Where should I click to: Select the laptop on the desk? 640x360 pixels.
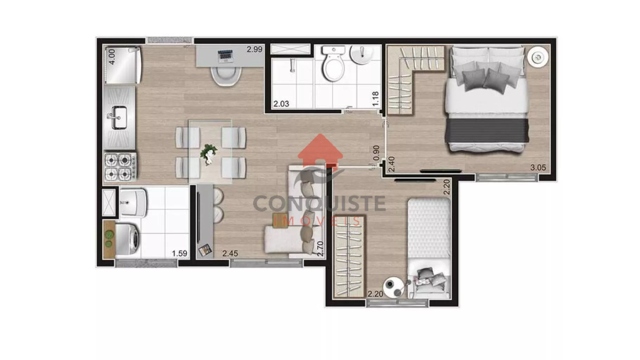[226, 56]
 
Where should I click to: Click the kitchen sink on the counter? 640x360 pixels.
[119, 117]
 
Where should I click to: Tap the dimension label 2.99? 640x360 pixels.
[254, 50]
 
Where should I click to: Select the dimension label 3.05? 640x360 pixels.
[538, 168]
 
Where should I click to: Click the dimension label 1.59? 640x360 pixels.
[179, 253]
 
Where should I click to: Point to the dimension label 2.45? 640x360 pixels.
[230, 253]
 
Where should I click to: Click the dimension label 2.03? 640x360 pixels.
[281, 104]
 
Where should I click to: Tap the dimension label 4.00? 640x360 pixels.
[112, 56]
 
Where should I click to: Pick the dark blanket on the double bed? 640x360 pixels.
[487, 130]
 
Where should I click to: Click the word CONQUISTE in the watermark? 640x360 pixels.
[319, 204]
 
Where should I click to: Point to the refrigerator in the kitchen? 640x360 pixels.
[123, 65]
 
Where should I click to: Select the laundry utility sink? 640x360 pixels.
[133, 203]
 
